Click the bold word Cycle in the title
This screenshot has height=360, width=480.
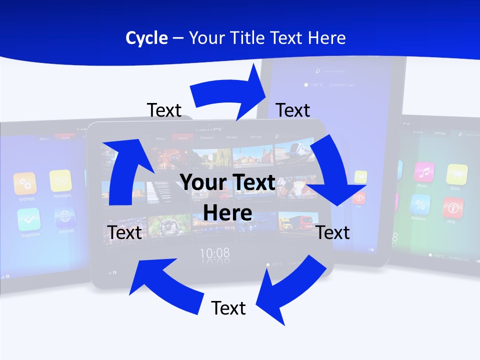146,38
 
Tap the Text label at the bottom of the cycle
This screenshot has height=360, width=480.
228,308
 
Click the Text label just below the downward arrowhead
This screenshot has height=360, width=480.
333,232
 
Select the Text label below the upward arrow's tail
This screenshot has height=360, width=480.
124,232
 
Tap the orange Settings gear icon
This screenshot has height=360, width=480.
25,183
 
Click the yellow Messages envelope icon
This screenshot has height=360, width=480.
60,180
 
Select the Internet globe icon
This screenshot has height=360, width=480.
64,216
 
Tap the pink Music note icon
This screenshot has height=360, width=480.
424,172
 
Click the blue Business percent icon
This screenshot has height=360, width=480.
420,204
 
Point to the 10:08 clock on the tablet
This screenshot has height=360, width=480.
215,253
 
